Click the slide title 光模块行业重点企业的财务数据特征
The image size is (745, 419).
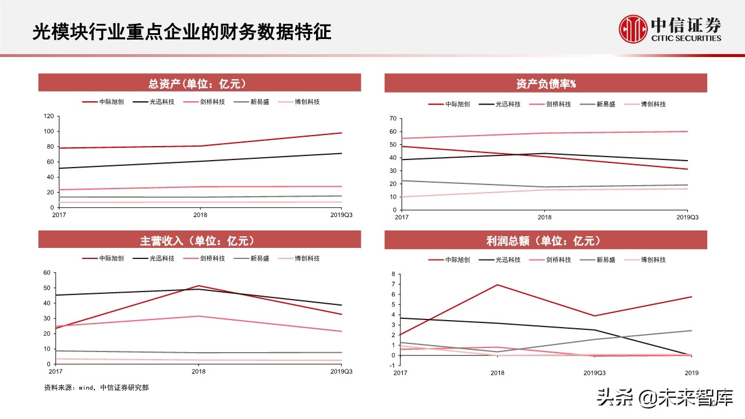(182, 31)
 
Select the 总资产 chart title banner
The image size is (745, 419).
(200, 83)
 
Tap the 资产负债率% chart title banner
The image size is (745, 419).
(545, 84)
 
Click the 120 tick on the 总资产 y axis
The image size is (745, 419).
(48, 116)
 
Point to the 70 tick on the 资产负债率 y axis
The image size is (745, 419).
(393, 119)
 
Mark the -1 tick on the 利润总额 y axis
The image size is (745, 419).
(393, 365)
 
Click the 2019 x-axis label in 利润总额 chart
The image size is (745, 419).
(691, 373)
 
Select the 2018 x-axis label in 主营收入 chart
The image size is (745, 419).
(199, 371)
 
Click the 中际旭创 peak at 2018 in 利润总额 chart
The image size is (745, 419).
(497, 285)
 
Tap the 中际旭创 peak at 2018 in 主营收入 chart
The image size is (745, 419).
(199, 286)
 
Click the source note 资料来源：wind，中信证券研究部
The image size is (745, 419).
(96, 387)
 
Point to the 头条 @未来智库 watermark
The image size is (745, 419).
(665, 399)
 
